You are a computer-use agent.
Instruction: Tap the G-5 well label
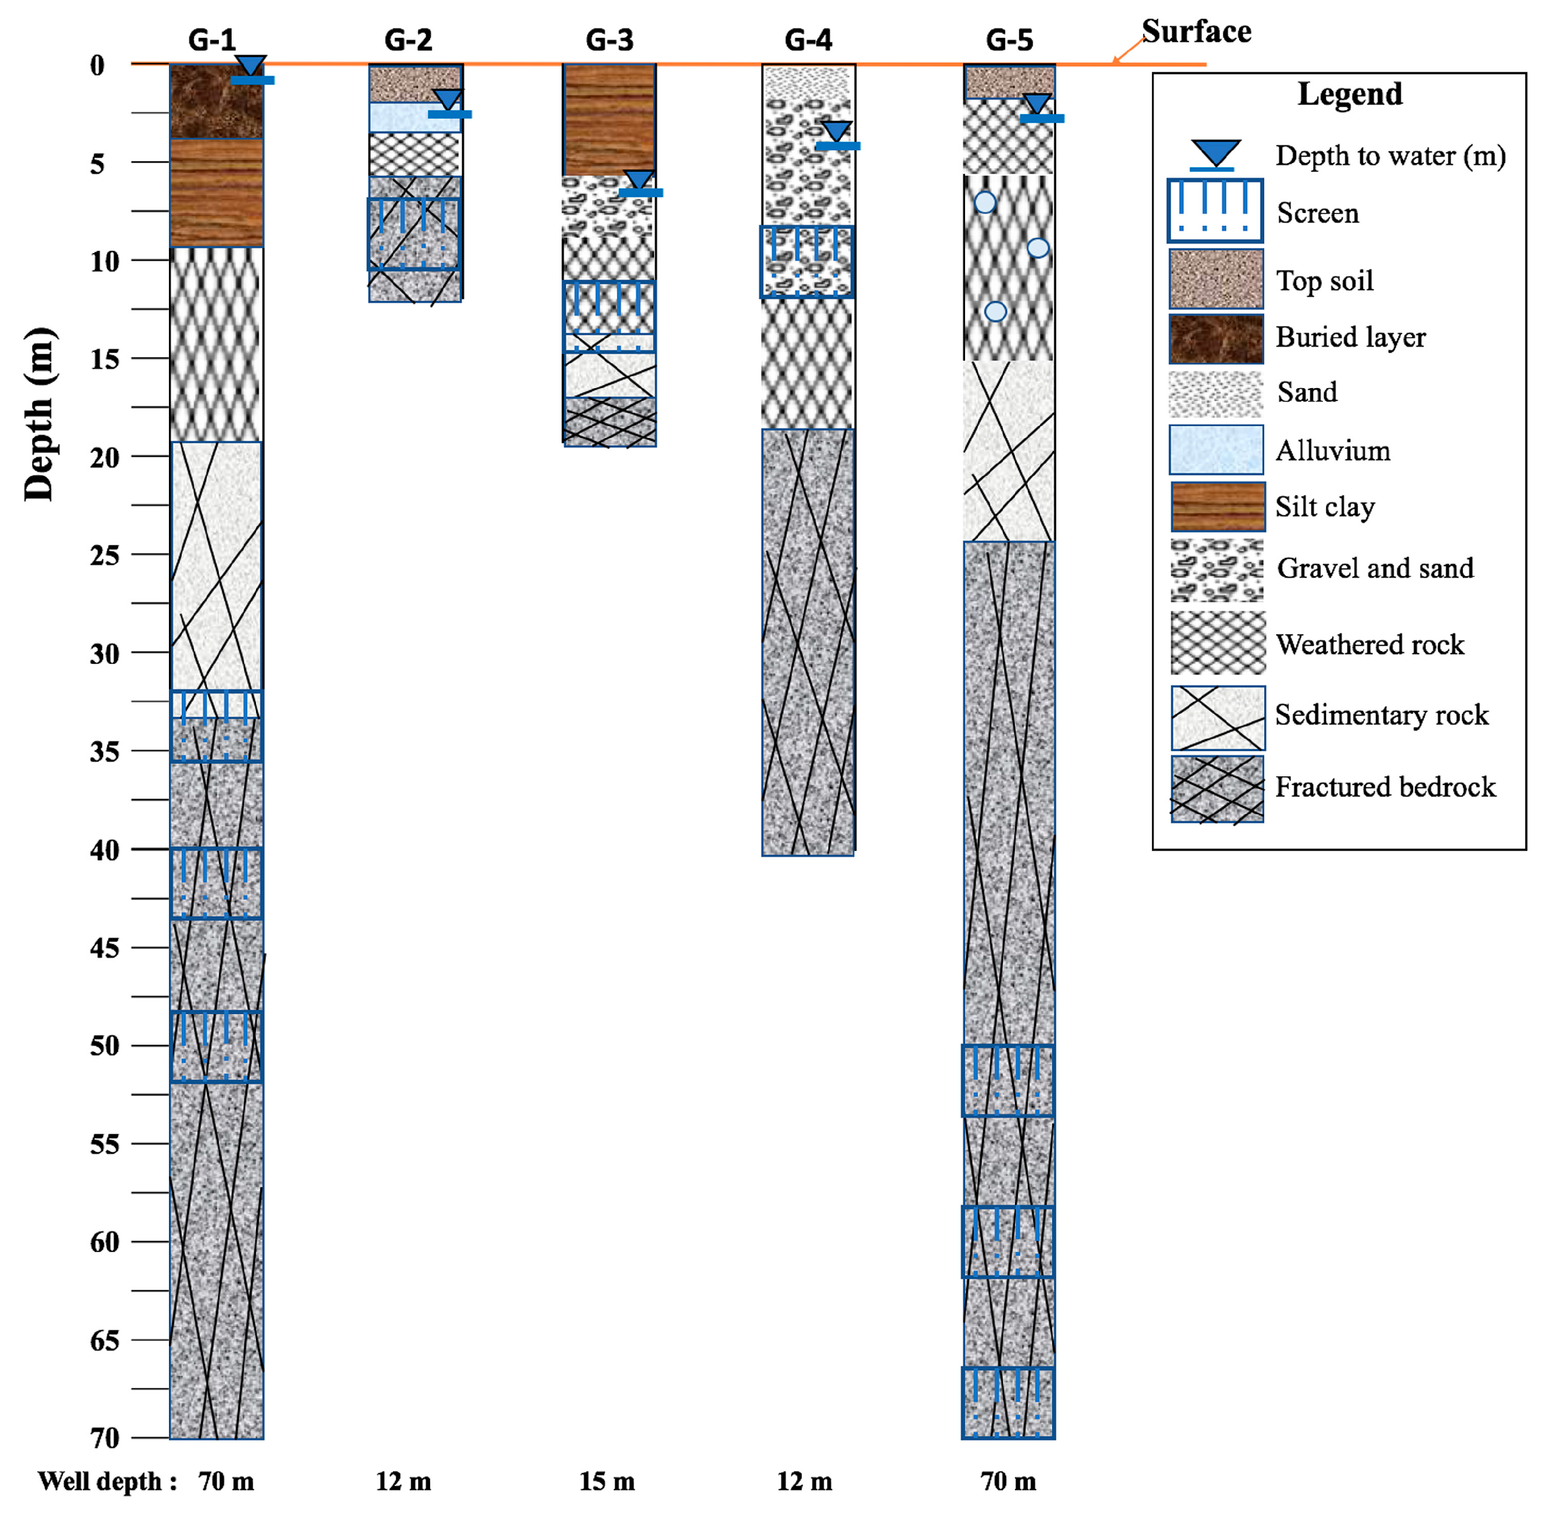[1009, 40]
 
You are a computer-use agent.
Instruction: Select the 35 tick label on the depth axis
[104, 751]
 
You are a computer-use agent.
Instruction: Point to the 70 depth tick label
[104, 1438]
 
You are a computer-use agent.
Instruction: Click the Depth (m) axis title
[38, 414]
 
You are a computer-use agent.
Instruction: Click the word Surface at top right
[1196, 32]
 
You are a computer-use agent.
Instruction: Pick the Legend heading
[1350, 94]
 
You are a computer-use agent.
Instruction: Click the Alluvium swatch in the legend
[1215, 450]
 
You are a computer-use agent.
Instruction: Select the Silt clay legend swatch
[1217, 507]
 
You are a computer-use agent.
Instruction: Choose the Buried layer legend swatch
[1215, 339]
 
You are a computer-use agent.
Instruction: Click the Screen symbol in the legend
[1214, 211]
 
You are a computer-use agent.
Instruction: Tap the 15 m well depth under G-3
[607, 1482]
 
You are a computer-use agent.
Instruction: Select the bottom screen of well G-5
[1008, 1403]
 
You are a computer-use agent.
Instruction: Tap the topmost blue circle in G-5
[985, 202]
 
